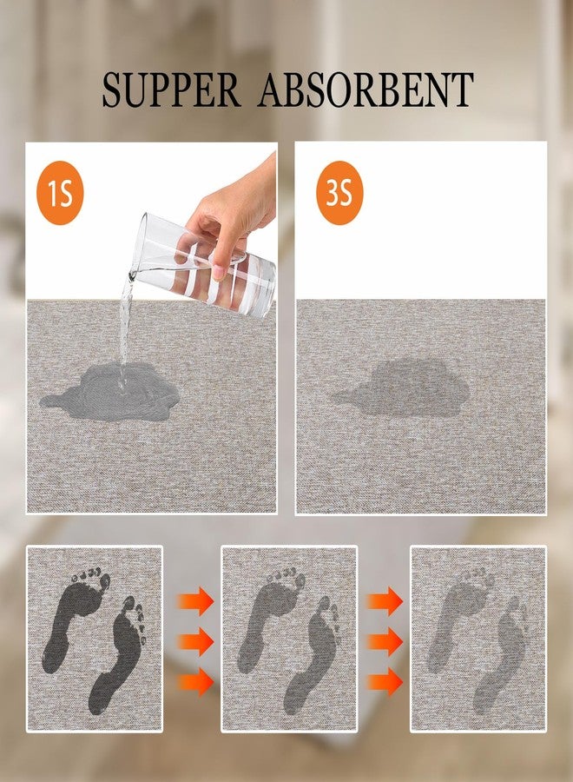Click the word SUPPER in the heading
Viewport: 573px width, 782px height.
(171, 89)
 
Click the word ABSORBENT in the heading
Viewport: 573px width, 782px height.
(366, 89)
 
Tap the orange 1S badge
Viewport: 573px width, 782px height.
(60, 193)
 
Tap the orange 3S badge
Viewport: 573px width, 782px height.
(339, 193)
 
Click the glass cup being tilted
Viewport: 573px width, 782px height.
(203, 264)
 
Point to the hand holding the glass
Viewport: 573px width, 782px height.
(234, 215)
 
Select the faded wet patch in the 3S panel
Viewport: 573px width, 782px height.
(402, 388)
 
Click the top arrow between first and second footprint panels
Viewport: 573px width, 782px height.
(196, 601)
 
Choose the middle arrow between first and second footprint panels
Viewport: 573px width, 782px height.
(196, 642)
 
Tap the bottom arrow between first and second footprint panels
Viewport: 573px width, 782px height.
(196, 682)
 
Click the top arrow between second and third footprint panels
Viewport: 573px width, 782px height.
(385, 601)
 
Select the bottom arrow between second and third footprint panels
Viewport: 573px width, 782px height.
(385, 682)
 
